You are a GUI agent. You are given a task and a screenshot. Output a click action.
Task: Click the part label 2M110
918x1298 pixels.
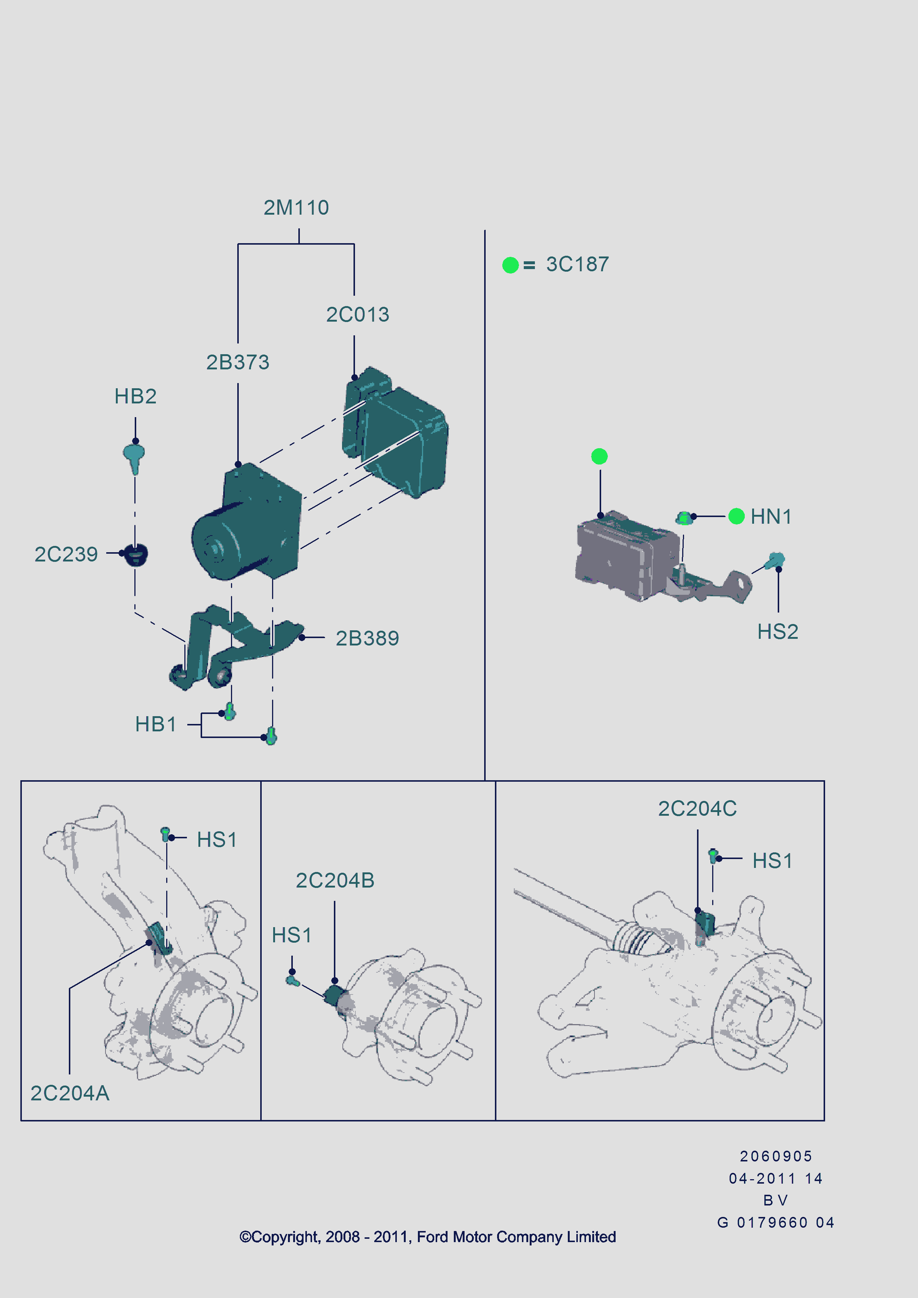(x=296, y=208)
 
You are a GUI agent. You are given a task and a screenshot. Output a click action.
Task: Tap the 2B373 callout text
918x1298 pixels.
(x=237, y=362)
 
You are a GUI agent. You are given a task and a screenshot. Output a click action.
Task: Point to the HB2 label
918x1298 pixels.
(x=135, y=396)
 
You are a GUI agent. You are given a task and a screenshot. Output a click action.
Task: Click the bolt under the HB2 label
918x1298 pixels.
(x=134, y=456)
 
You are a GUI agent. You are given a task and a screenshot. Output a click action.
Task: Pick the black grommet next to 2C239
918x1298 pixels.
(x=136, y=554)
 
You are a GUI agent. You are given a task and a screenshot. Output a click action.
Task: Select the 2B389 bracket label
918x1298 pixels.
(x=367, y=638)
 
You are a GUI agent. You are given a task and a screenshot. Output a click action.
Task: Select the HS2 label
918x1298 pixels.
(x=777, y=631)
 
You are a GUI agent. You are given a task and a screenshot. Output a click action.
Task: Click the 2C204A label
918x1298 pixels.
(x=70, y=1093)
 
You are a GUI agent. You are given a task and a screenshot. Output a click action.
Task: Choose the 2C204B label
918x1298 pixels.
(x=335, y=880)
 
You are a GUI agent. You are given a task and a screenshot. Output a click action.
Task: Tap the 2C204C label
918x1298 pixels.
(x=697, y=808)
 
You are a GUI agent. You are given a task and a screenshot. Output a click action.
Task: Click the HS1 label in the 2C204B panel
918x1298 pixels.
(x=291, y=935)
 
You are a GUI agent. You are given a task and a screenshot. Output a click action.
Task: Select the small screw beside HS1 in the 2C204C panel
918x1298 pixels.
(x=713, y=855)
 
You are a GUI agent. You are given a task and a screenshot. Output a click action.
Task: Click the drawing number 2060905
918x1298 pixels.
(x=775, y=1156)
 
